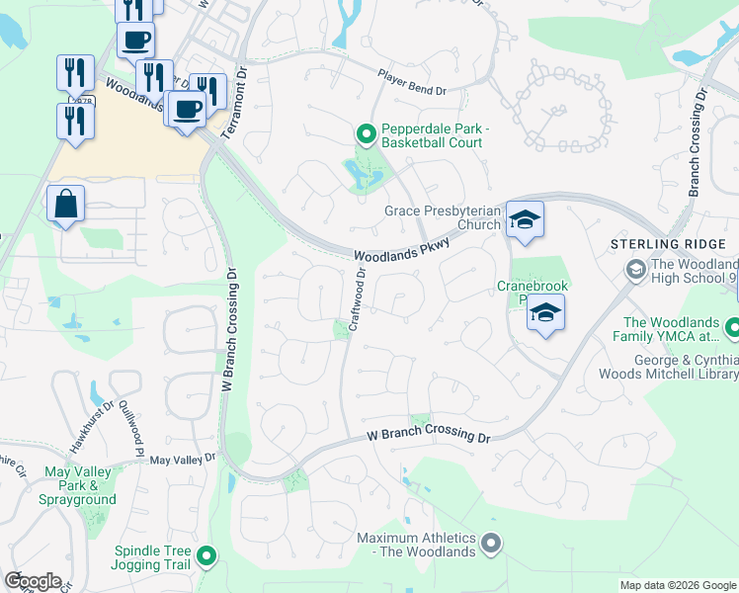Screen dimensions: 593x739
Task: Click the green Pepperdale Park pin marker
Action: pos(366,132)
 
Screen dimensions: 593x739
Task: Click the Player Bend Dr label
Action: pos(413,82)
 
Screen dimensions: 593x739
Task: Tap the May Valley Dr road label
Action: pos(182,460)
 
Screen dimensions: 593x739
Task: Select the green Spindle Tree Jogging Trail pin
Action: pos(206,556)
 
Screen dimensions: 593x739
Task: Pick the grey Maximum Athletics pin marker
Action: pos(491,543)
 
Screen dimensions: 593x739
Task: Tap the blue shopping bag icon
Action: pos(65,206)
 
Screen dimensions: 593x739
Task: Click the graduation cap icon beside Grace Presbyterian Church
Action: pos(524,220)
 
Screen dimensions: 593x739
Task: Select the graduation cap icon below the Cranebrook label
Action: pos(545,313)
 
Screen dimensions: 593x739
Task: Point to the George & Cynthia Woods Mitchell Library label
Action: pos(668,367)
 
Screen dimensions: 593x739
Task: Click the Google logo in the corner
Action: pos(32,580)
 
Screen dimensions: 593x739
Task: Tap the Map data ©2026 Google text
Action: pos(677,585)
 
